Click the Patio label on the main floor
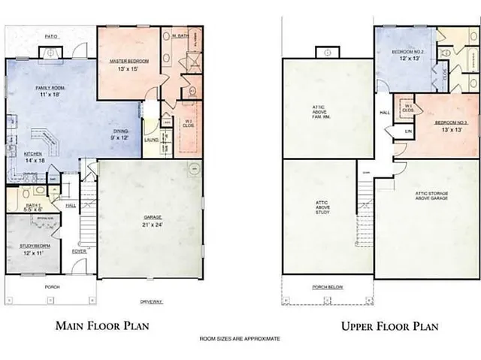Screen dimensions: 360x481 (x=51, y=35)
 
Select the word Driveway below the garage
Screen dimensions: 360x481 (x=152, y=301)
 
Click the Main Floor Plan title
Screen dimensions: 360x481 (x=102, y=326)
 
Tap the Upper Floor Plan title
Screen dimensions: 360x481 (x=390, y=326)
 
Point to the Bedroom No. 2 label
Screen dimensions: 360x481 (x=408, y=52)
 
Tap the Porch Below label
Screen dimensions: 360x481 (x=328, y=287)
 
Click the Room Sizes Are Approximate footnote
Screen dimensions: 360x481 (x=240, y=339)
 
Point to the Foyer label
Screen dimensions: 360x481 (x=80, y=251)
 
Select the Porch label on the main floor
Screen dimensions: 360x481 (x=52, y=286)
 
